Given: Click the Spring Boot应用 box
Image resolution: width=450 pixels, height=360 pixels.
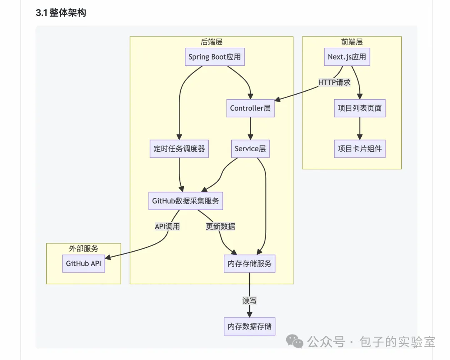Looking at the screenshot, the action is [215, 57].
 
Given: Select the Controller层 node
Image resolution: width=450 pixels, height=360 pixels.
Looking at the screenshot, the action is [250, 108].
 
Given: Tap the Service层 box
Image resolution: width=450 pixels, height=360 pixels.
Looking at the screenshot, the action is [250, 149].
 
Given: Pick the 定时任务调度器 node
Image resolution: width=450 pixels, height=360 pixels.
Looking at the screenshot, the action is [179, 149].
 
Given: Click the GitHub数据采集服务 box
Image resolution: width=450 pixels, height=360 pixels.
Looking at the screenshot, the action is [186, 201].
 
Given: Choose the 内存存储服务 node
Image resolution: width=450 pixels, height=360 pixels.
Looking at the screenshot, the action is [250, 263].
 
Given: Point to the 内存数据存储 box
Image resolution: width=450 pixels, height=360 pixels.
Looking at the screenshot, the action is [250, 326].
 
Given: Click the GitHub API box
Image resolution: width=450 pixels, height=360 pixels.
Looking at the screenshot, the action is [83, 263].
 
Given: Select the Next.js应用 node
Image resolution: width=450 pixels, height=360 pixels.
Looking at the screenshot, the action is [347, 57].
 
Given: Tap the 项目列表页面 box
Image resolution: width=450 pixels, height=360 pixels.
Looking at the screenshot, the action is [360, 108].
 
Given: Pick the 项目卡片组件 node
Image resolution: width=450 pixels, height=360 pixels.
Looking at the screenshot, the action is [360, 149].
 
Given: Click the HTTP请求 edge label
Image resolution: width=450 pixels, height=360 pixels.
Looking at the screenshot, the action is [334, 82].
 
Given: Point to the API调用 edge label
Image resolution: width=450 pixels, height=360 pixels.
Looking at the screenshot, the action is [167, 227].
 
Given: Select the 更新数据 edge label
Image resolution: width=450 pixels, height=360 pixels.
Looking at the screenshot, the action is [220, 227].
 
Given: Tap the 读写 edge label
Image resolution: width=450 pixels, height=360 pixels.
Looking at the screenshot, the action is [250, 301].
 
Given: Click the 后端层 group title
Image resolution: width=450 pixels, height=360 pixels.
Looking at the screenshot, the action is [212, 42].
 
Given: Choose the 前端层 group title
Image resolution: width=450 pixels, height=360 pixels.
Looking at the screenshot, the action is [352, 42].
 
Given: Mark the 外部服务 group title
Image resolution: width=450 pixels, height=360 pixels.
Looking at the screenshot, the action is [83, 248].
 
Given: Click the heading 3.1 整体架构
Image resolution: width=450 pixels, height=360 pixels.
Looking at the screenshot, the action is [61, 12].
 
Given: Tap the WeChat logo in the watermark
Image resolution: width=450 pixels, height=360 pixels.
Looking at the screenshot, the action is [295, 341].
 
